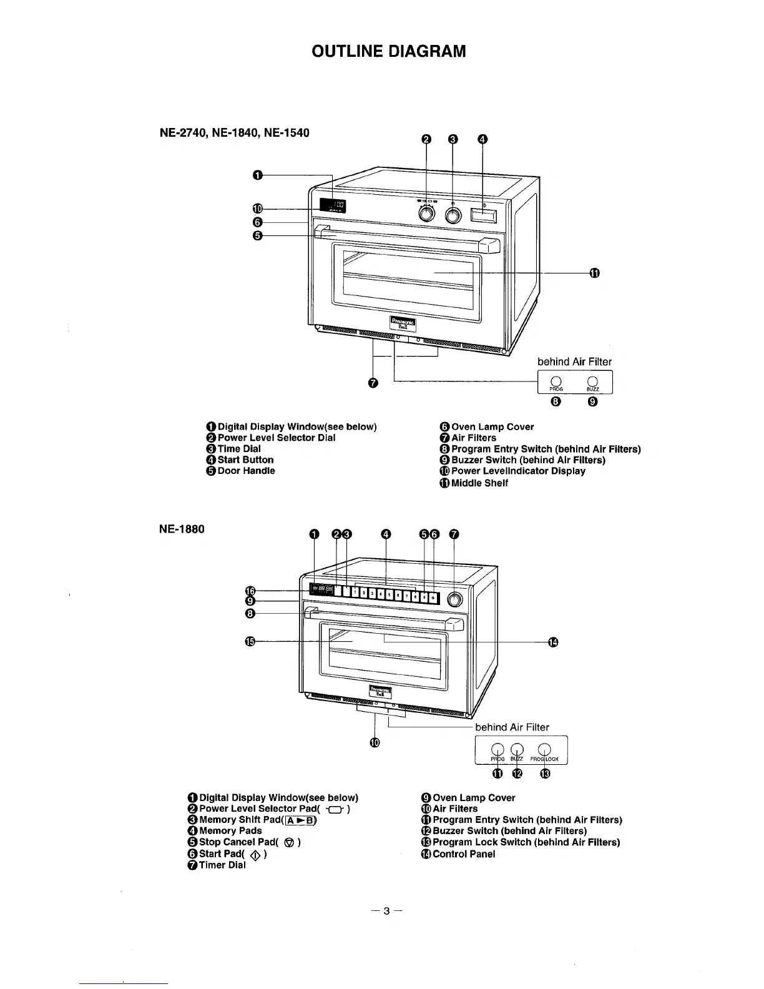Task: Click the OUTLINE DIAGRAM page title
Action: (388, 51)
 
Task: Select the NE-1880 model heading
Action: (182, 529)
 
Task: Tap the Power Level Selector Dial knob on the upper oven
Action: (426, 214)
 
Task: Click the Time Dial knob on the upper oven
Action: (453, 214)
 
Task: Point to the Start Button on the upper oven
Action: (484, 215)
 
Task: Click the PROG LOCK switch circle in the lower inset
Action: (544, 750)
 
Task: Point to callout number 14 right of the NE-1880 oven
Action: (552, 641)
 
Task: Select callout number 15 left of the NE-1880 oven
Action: (250, 641)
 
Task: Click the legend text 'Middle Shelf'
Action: (479, 483)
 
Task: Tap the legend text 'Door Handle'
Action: (246, 471)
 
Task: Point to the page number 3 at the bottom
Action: (386, 912)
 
